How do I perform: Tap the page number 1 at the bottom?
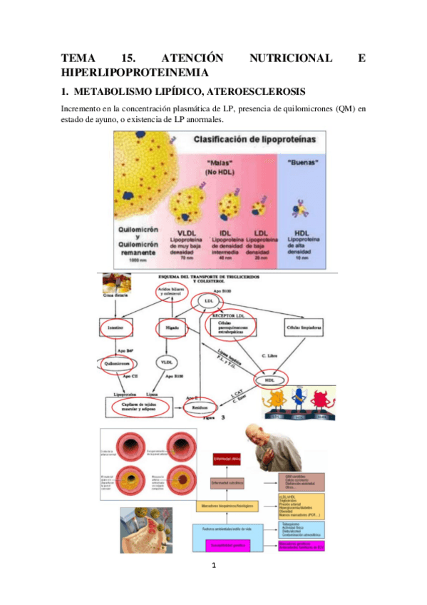(x=213, y=567)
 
